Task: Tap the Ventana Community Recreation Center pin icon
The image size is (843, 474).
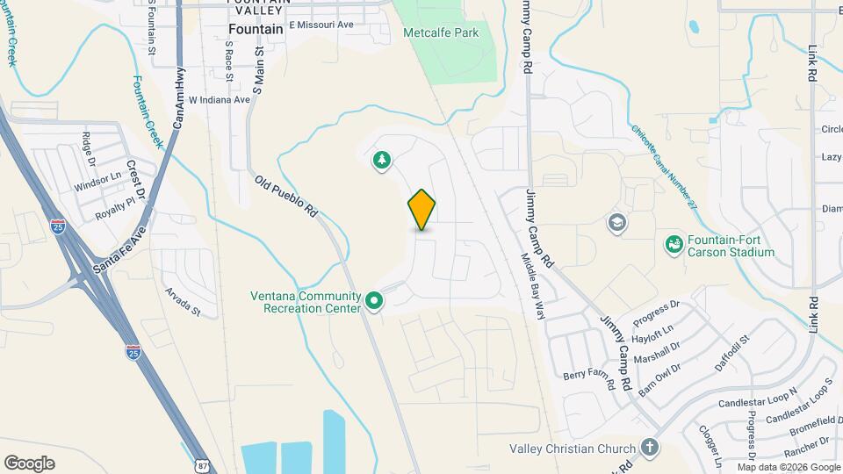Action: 375,302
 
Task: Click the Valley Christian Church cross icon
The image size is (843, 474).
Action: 649,448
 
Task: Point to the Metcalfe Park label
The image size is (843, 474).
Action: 441,32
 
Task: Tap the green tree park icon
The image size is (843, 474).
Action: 382,160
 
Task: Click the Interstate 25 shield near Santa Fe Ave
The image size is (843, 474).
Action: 58,226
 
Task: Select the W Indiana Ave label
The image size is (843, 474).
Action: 220,100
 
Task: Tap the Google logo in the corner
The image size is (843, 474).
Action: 29,463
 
